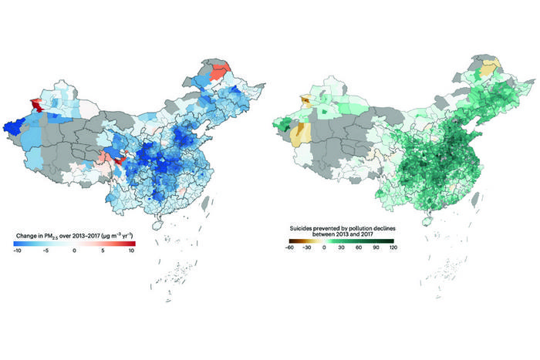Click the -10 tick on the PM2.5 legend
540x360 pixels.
(x=17, y=251)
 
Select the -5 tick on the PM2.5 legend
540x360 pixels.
(x=46, y=251)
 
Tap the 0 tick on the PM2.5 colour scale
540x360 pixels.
(x=75, y=251)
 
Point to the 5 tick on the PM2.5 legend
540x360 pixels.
(x=103, y=251)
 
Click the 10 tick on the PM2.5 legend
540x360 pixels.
(x=132, y=251)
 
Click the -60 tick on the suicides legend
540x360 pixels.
(x=288, y=248)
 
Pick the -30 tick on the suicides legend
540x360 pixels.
(x=307, y=248)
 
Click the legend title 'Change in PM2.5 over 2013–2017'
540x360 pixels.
(x=74, y=234)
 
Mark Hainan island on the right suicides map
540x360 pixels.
(x=425, y=229)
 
